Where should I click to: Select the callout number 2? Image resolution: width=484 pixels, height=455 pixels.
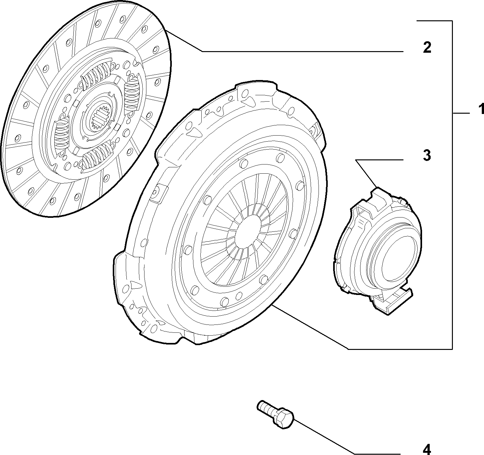point(427,47)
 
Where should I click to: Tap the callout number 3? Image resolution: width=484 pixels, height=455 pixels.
point(427,155)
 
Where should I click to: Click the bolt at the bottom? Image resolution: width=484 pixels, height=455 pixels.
point(275,415)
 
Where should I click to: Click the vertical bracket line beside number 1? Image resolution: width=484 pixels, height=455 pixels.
point(452,185)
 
